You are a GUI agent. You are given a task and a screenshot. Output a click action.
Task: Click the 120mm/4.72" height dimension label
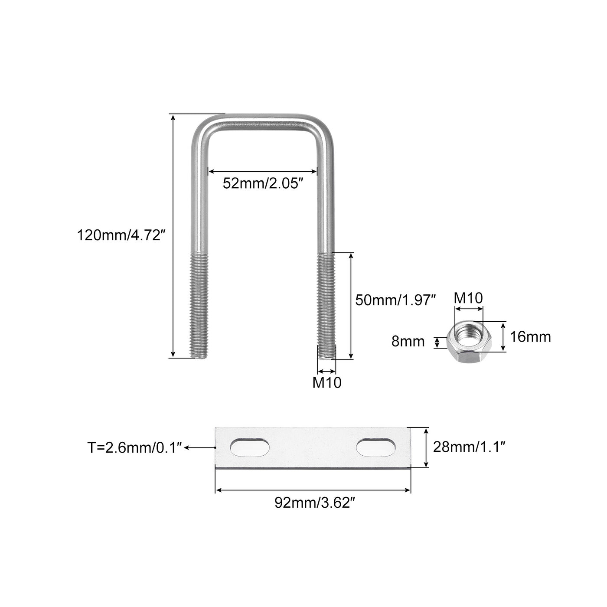(121, 235)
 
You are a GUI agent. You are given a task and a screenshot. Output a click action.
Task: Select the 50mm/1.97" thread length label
(395, 300)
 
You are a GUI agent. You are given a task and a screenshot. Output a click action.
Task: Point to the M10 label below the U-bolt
(326, 382)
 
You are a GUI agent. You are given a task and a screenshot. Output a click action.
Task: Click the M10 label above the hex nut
(468, 298)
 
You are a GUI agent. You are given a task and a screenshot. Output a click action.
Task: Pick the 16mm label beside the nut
(530, 337)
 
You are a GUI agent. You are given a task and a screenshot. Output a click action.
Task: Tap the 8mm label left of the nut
(408, 342)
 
